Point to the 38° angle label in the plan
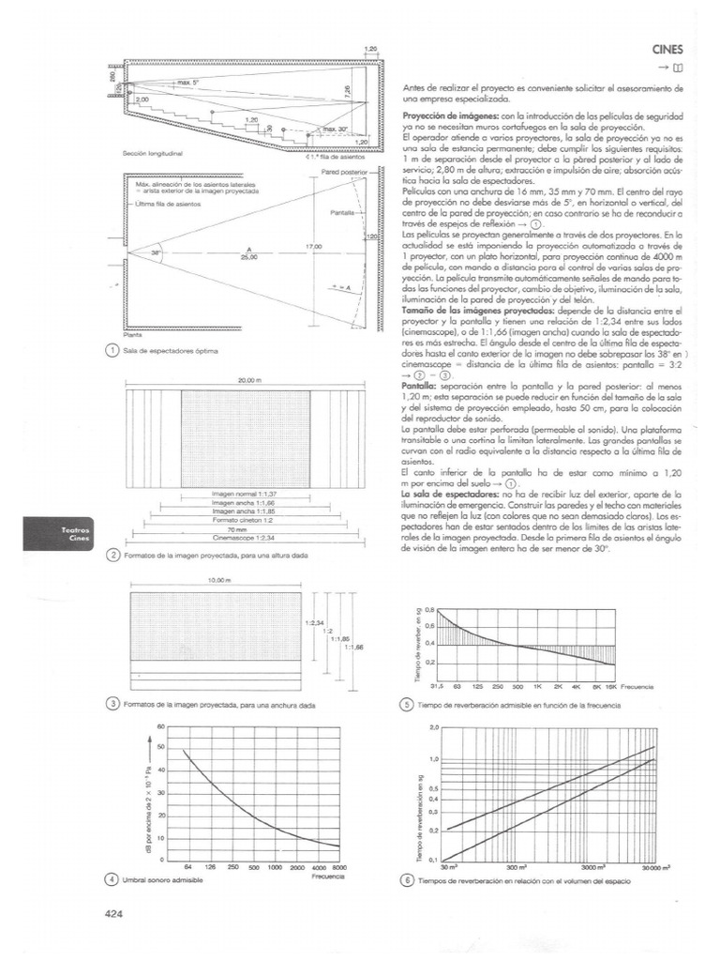(157, 253)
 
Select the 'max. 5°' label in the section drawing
(190, 83)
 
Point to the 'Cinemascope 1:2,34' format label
(244, 539)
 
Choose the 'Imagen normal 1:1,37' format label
(244, 493)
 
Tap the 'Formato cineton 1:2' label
(244, 520)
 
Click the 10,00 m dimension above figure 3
(217, 580)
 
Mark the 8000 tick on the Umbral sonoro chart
(339, 868)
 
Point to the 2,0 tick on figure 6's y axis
(433, 727)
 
